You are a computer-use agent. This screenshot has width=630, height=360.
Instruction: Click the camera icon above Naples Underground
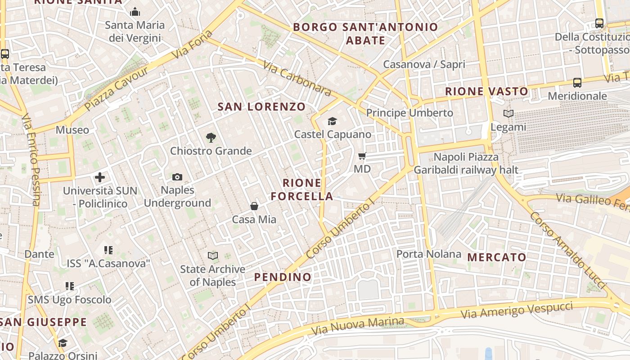[x=177, y=177]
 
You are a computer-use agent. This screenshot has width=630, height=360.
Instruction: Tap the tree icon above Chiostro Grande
[x=211, y=138]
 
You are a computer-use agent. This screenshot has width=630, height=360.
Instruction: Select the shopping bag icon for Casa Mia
[x=254, y=206]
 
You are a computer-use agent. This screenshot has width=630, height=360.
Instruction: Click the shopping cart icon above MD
[x=362, y=156]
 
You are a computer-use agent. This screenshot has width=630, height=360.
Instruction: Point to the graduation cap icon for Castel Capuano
[x=332, y=121]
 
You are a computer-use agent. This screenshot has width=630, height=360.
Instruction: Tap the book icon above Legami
[x=508, y=114]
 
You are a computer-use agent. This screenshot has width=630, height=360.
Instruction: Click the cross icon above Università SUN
[x=100, y=177]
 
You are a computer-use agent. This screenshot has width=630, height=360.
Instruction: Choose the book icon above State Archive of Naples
[x=213, y=256]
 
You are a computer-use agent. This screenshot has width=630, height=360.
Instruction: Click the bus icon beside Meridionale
[x=577, y=83]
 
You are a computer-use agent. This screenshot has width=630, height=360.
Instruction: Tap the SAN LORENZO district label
[x=261, y=107]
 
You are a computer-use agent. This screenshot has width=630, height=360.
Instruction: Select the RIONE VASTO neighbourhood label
[x=486, y=91]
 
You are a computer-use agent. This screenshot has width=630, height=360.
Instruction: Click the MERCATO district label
[x=497, y=257]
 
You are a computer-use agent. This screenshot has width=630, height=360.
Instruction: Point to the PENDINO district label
[x=283, y=277]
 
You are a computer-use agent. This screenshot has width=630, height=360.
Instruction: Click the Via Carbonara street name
[x=297, y=79]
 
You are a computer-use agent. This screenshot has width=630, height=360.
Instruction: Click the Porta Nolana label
[x=428, y=254]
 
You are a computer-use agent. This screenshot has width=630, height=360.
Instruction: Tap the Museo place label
[x=72, y=130]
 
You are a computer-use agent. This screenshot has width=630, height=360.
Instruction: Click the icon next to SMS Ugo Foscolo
[x=70, y=286]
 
